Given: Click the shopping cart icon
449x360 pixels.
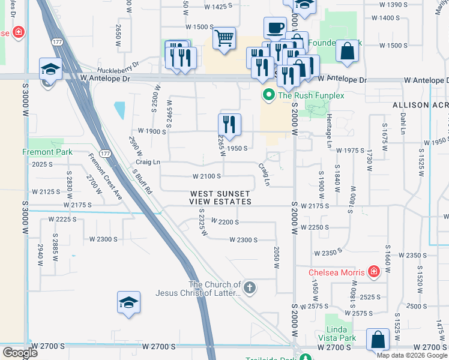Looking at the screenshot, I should click(224, 38).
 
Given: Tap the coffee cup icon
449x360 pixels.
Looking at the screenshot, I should click(275, 28).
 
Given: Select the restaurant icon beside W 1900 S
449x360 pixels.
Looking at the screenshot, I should click(229, 125).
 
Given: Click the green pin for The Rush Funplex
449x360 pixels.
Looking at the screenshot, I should click(268, 95).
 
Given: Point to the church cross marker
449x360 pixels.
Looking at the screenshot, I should click(250, 288).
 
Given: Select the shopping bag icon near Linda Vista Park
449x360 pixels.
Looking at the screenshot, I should click(378, 340).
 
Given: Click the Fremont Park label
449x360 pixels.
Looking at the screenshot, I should click(48, 152).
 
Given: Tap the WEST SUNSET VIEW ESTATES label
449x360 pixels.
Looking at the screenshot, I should click(221, 198).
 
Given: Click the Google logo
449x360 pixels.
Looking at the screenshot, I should click(20, 353).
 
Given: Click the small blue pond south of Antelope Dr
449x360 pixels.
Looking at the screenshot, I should click(119, 110).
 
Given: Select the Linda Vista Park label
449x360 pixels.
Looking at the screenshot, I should click(341, 334).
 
